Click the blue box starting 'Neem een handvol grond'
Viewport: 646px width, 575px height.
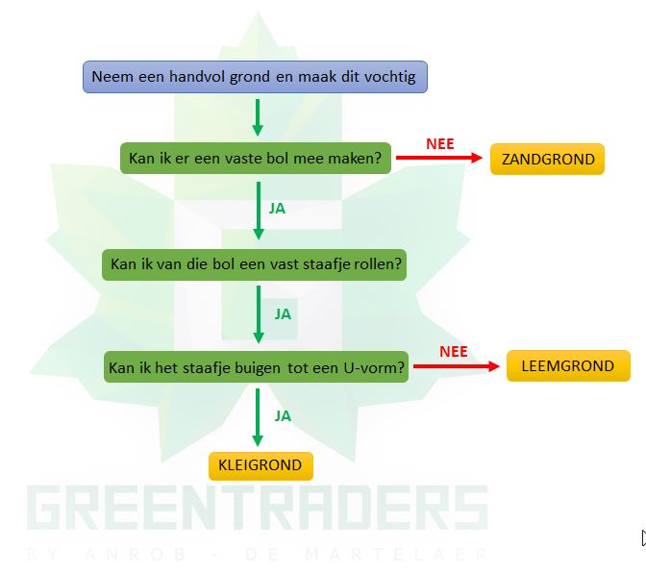255,77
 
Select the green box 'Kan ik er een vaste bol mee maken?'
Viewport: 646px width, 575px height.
256,158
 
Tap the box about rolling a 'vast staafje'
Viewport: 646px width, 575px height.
256,263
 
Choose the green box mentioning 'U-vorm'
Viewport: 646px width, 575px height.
257,367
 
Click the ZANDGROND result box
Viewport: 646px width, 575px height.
547,160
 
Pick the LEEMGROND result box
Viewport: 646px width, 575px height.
567,366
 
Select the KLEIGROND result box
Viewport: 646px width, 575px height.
261,465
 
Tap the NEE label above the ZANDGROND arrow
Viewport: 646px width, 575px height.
439,143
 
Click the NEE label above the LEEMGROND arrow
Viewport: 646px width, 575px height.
454,351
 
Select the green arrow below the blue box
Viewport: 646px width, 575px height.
257,117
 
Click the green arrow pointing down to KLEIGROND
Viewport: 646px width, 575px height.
257,415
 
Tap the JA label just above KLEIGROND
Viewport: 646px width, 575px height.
283,416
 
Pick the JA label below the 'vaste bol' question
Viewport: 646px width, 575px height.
278,207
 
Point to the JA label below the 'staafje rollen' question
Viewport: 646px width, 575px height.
283,313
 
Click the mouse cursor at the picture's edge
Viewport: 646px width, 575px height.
642,538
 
